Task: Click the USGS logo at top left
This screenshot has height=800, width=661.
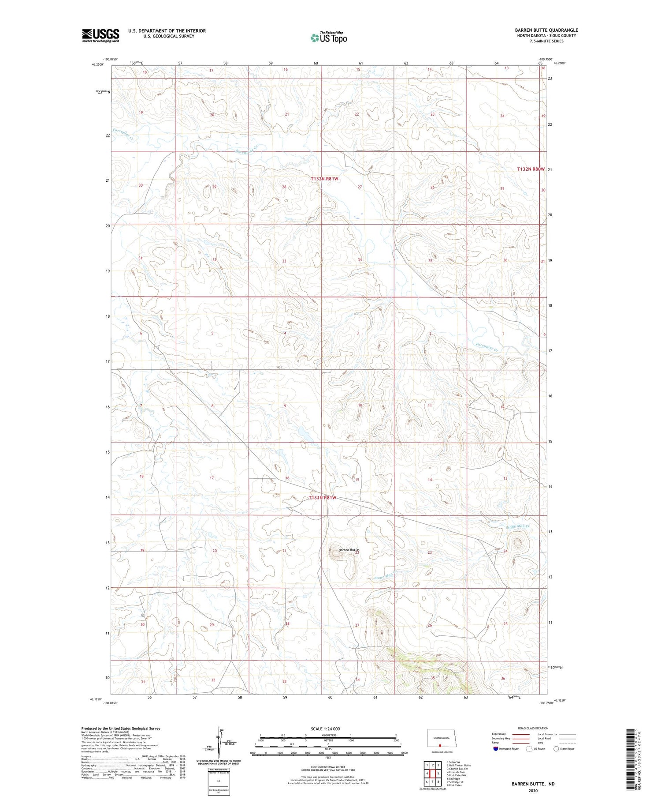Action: (x=100, y=35)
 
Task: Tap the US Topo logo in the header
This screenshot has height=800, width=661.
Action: (x=328, y=38)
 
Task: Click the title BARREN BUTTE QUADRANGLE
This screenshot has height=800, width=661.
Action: (x=546, y=30)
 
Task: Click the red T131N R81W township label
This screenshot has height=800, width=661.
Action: (x=323, y=497)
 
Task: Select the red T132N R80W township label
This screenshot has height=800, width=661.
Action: (x=531, y=169)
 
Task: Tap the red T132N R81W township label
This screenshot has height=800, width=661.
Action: (x=324, y=179)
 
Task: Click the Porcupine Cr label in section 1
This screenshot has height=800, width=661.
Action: (x=487, y=347)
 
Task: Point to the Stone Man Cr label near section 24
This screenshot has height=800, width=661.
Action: (x=517, y=527)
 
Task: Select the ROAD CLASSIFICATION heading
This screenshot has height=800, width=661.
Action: (x=533, y=728)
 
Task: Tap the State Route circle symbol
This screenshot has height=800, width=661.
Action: (x=557, y=749)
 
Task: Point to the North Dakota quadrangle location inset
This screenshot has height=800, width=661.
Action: (x=441, y=739)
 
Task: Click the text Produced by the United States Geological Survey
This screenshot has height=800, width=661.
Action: (x=121, y=729)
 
